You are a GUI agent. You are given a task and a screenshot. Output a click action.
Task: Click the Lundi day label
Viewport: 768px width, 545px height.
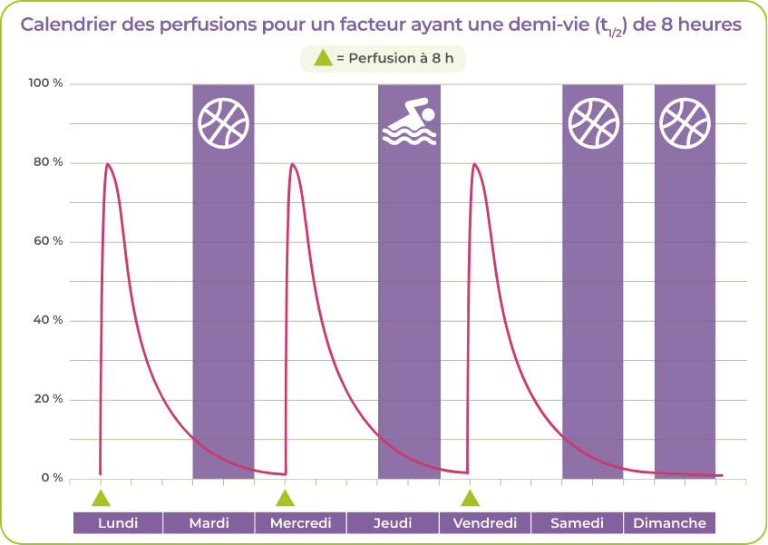click(118, 523)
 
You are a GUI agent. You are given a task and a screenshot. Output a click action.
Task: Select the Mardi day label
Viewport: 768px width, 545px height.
click(209, 523)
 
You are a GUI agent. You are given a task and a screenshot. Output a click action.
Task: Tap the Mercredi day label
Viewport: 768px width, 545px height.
click(301, 523)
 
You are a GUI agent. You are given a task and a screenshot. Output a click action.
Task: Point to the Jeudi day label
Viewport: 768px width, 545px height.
click(393, 523)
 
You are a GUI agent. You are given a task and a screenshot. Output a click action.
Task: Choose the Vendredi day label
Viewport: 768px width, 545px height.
click(485, 523)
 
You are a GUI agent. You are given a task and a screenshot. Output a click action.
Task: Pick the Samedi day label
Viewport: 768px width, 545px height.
click(577, 523)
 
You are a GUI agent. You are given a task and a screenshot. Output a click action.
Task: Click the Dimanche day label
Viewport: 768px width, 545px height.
click(669, 523)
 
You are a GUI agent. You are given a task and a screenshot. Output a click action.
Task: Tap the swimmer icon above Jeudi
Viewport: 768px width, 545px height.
click(409, 124)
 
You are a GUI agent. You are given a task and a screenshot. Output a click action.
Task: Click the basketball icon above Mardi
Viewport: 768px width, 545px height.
click(223, 123)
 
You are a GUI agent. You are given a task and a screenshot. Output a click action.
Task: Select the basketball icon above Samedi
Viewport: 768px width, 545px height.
click(593, 123)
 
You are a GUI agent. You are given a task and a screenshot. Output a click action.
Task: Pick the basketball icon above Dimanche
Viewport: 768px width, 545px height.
click(685, 123)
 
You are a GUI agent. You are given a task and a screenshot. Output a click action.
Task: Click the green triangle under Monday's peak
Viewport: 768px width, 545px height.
click(101, 498)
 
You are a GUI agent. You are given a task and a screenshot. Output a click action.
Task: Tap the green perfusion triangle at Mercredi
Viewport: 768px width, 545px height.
click(286, 498)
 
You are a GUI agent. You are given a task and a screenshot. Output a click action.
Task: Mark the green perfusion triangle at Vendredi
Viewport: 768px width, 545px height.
click(470, 498)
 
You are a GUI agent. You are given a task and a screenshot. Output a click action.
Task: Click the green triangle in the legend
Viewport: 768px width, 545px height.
click(322, 58)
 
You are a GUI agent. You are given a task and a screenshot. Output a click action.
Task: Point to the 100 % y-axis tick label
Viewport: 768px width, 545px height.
click(45, 84)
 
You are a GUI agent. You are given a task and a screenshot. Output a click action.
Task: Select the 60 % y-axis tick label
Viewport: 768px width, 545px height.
click(45, 242)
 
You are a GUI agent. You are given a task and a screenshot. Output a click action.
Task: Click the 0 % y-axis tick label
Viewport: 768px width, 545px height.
click(49, 478)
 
